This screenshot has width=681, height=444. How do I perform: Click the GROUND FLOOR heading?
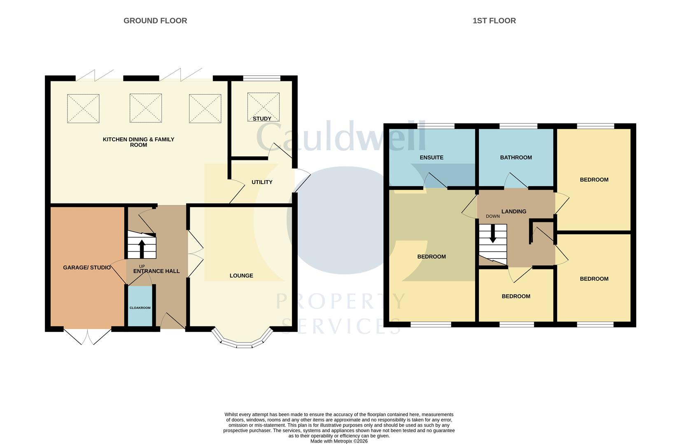point(155,21)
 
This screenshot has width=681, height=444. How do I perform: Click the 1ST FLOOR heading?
point(494,21)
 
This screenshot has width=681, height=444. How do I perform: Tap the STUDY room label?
point(262,119)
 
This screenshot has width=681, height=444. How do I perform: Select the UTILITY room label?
point(262,182)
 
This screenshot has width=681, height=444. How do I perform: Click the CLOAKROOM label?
point(140,308)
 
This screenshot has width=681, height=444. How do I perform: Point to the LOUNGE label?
point(241,275)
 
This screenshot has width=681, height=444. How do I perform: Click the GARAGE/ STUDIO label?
point(86,268)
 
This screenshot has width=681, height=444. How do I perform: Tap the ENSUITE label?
point(431,157)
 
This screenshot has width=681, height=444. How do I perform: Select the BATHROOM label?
point(516,157)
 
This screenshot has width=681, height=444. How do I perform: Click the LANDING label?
point(514,211)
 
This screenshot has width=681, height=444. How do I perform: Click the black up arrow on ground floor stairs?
point(142,248)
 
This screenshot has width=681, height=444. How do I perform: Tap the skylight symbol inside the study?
point(263,107)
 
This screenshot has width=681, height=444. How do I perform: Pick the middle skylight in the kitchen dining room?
point(146,108)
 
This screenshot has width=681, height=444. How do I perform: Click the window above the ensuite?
point(436,126)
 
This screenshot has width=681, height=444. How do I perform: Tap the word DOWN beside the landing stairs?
point(492,216)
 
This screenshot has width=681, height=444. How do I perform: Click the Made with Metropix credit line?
point(339,441)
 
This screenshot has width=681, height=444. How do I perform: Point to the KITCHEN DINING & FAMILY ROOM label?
point(138,142)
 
